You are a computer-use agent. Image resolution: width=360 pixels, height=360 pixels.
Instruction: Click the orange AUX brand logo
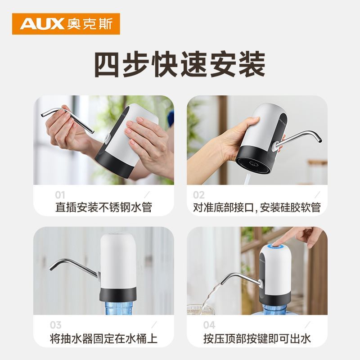[66, 24]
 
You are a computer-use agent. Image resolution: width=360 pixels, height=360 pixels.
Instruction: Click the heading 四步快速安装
[180, 64]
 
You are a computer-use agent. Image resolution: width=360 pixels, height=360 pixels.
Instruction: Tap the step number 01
[60, 195]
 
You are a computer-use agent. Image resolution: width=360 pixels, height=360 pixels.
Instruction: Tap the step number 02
[198, 195]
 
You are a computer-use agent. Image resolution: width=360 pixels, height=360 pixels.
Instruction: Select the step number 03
[55, 325]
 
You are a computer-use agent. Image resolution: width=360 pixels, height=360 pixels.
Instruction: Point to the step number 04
[209, 325]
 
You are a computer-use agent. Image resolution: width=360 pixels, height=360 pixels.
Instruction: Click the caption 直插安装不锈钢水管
[104, 207]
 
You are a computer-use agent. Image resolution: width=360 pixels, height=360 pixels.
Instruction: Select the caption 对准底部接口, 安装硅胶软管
[257, 207]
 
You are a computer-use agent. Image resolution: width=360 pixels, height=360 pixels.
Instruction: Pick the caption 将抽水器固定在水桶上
[104, 339]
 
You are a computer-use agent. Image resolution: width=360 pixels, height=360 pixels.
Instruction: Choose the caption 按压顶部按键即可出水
[257, 339]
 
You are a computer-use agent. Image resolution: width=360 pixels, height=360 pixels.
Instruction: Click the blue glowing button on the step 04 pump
[275, 247]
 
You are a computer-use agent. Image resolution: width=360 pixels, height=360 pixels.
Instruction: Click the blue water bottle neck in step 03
[118, 308]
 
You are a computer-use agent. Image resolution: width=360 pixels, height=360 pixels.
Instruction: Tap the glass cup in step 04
[200, 310]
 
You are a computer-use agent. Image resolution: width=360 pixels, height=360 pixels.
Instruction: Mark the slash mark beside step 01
[147, 195]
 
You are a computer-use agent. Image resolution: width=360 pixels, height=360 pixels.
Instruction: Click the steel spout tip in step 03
[51, 268]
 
